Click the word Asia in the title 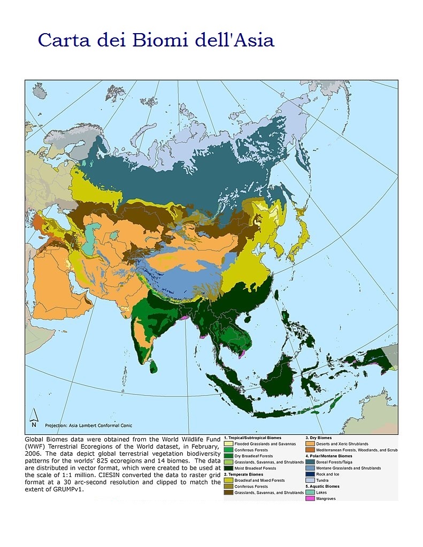click(252, 40)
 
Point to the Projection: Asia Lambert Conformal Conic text click(89, 425)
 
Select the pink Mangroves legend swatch click(310, 498)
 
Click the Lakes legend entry click(321, 493)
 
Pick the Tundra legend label click(322, 480)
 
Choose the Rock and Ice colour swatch click(310, 474)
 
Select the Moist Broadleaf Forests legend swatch click(228, 468)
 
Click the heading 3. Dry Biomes click(319, 438)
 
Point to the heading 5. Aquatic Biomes click(324, 487)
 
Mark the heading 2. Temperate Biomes click(243, 474)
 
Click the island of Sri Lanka click(154, 366)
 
